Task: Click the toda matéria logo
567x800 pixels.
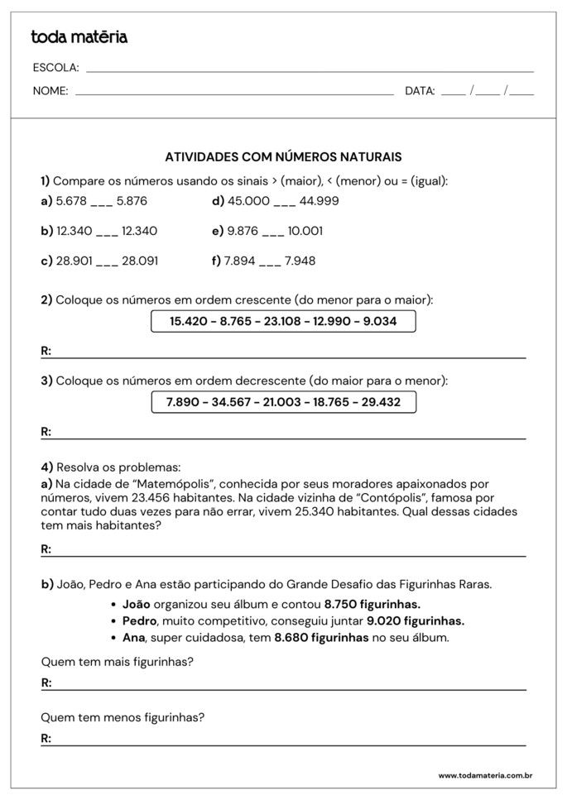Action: pyautogui.click(x=79, y=37)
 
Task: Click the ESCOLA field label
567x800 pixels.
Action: pyautogui.click(x=55, y=68)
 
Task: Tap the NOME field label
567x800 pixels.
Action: pyautogui.click(x=50, y=91)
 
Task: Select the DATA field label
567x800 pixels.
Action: pyautogui.click(x=420, y=91)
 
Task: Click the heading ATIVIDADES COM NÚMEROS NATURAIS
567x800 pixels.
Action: pyautogui.click(x=283, y=156)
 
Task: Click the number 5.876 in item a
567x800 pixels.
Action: pyautogui.click(x=132, y=201)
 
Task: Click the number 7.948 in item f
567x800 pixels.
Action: pyautogui.click(x=300, y=261)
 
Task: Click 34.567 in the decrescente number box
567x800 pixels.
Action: pyautogui.click(x=229, y=402)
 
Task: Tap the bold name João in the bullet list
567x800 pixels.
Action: pyautogui.click(x=136, y=605)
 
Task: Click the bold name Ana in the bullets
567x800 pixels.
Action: pyautogui.click(x=133, y=638)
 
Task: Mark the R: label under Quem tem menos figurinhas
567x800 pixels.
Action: pyautogui.click(x=46, y=739)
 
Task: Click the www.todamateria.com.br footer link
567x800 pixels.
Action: pyautogui.click(x=484, y=776)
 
